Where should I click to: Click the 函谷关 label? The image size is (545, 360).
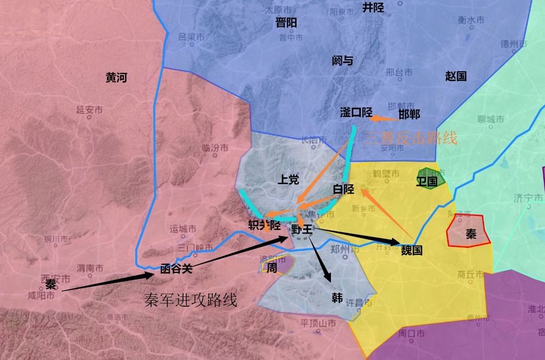pos(177,268)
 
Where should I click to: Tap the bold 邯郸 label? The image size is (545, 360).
pos(409,114)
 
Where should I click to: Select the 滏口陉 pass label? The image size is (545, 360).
pos(356,113)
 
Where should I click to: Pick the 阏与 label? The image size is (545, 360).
pos(342,60)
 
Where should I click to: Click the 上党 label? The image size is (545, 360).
pos(288,180)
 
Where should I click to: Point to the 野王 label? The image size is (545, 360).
pos(302,229)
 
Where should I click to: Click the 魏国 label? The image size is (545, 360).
pos(412,251)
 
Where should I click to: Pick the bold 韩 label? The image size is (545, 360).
pos(337,298)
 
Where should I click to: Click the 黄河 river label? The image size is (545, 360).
pos(116,78)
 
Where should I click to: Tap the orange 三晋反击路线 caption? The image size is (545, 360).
pos(411,138)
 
